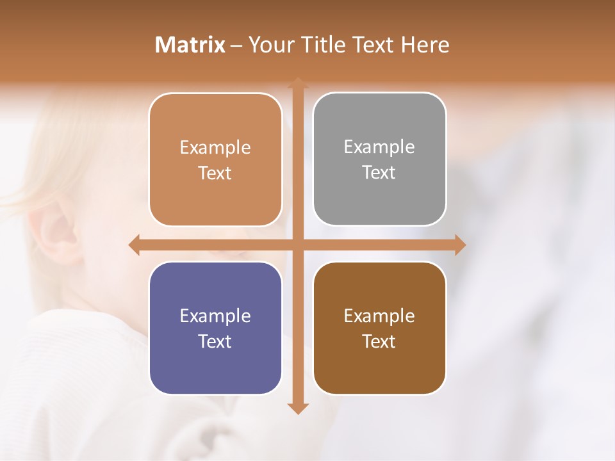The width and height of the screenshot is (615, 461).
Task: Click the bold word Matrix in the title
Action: pyautogui.click(x=190, y=45)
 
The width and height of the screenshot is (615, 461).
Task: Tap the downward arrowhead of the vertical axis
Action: pyautogui.click(x=298, y=408)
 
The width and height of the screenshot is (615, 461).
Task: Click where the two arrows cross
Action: pyautogui.click(x=298, y=245)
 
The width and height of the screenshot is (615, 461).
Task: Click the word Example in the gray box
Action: pyautogui.click(x=379, y=147)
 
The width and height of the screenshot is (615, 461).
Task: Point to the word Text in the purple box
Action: pyautogui.click(x=215, y=341)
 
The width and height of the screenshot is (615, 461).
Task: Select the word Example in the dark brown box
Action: pyautogui.click(x=379, y=316)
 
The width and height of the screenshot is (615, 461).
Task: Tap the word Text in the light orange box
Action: pyautogui.click(x=215, y=173)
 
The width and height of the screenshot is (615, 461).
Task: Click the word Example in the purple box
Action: pyautogui.click(x=215, y=316)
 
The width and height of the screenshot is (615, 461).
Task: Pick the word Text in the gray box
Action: pyautogui.click(x=379, y=173)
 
